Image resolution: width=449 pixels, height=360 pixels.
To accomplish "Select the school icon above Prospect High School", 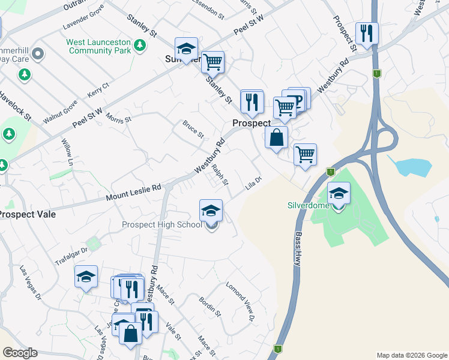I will [211, 211].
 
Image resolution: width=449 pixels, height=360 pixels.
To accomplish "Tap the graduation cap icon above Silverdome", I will [339, 194].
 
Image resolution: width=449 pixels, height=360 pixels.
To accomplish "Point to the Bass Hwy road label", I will [297, 248].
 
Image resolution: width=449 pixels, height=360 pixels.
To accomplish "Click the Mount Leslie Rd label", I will [134, 192].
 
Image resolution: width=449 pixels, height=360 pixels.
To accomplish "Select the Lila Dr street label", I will [253, 184].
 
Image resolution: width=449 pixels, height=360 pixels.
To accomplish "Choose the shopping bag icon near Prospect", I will [276, 138].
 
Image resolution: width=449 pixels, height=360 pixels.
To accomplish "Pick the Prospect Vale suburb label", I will [26, 214].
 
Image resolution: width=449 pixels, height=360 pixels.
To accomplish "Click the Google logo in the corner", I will [20, 353].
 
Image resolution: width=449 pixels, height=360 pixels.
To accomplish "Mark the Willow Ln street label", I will [67, 153].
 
